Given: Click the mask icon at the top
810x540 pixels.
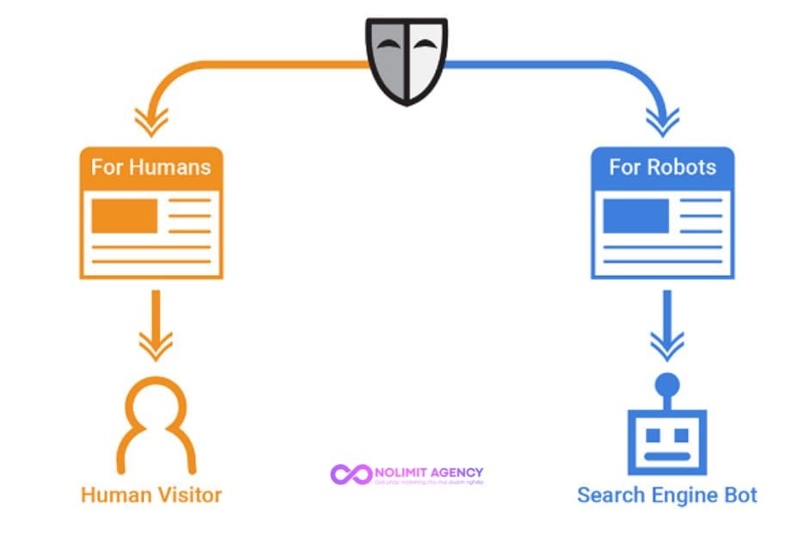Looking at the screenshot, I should [405, 61].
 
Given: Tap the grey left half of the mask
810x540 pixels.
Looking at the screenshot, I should [388, 60].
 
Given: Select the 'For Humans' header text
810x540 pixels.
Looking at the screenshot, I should [150, 167].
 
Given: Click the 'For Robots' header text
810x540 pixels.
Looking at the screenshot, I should [662, 167].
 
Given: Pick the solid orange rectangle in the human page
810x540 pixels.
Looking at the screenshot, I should [124, 216].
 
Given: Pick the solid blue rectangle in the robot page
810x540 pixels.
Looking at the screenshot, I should [635, 216].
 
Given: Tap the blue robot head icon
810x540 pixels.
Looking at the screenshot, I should [666, 440].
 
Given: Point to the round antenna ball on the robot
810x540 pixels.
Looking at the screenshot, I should [666, 384].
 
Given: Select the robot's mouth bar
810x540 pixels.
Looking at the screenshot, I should [666, 455].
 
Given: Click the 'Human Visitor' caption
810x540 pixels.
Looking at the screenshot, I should [151, 494].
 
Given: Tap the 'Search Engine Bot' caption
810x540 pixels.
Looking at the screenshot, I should [666, 495].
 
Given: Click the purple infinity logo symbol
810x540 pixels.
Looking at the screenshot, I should [351, 474].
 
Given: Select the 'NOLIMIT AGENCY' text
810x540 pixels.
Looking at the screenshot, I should [429, 472].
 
